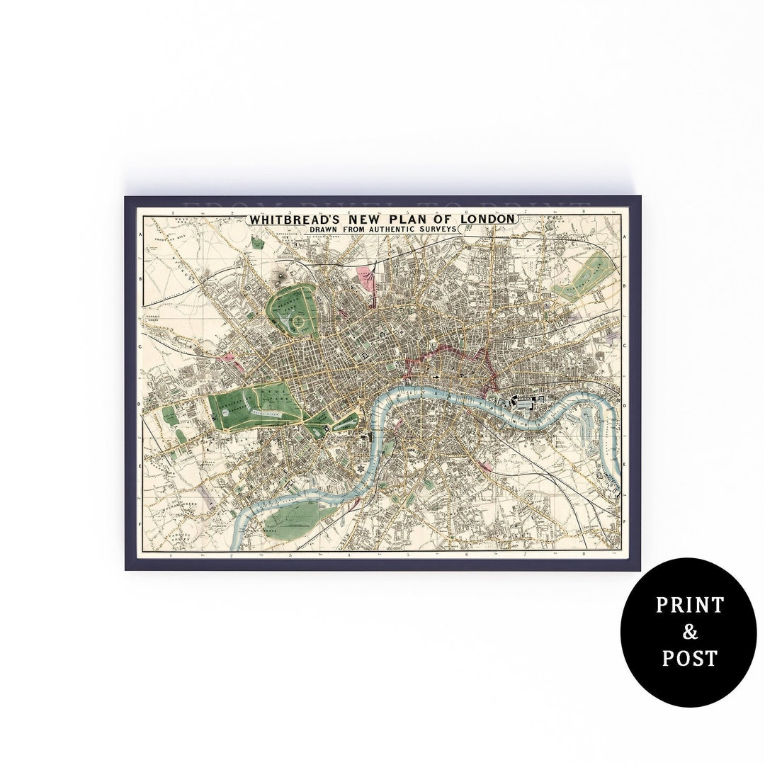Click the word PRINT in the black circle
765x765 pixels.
pyautogui.click(x=689, y=605)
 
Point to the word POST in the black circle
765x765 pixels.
pyautogui.click(x=689, y=658)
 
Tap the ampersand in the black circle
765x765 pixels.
pyautogui.click(x=689, y=632)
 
